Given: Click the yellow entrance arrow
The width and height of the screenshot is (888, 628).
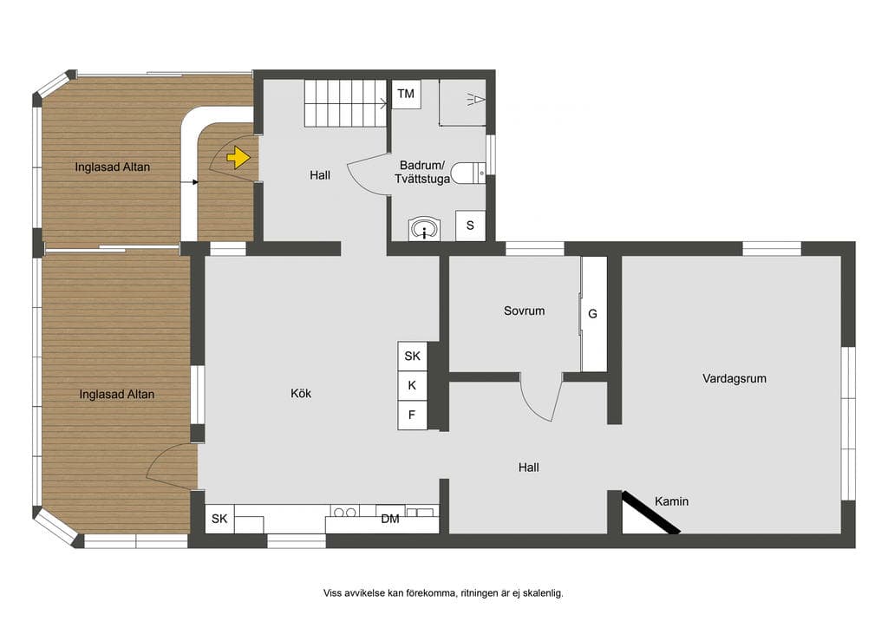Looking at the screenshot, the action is (x=238, y=157).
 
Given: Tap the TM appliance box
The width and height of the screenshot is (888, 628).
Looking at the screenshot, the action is (x=406, y=94).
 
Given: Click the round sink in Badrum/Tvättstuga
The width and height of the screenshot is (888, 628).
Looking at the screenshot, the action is (x=423, y=229).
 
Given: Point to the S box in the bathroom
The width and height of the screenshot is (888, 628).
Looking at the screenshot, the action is (x=470, y=226).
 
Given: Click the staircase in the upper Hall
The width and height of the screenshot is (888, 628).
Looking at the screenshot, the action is (x=345, y=103).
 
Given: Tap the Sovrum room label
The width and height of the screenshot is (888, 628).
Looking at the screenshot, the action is (x=524, y=311).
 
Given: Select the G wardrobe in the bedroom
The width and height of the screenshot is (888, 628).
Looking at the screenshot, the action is (x=593, y=314).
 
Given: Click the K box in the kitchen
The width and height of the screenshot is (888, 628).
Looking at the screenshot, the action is (x=412, y=385).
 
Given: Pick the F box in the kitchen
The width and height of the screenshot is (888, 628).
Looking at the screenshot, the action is (x=412, y=415).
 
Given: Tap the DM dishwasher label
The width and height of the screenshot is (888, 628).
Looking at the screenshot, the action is (x=390, y=519).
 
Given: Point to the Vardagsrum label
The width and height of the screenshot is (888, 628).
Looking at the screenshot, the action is (x=735, y=378).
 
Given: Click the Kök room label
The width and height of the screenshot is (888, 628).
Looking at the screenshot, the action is (x=301, y=393).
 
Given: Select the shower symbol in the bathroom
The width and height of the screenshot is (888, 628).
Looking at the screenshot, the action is (x=476, y=101).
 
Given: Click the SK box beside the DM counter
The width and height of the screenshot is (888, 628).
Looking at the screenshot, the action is (x=219, y=519).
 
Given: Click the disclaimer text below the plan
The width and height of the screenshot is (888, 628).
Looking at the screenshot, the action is (x=443, y=593).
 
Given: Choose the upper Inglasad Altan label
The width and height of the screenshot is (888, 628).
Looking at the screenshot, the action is (x=113, y=167).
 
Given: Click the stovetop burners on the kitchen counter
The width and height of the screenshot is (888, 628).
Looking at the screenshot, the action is (x=344, y=512).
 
